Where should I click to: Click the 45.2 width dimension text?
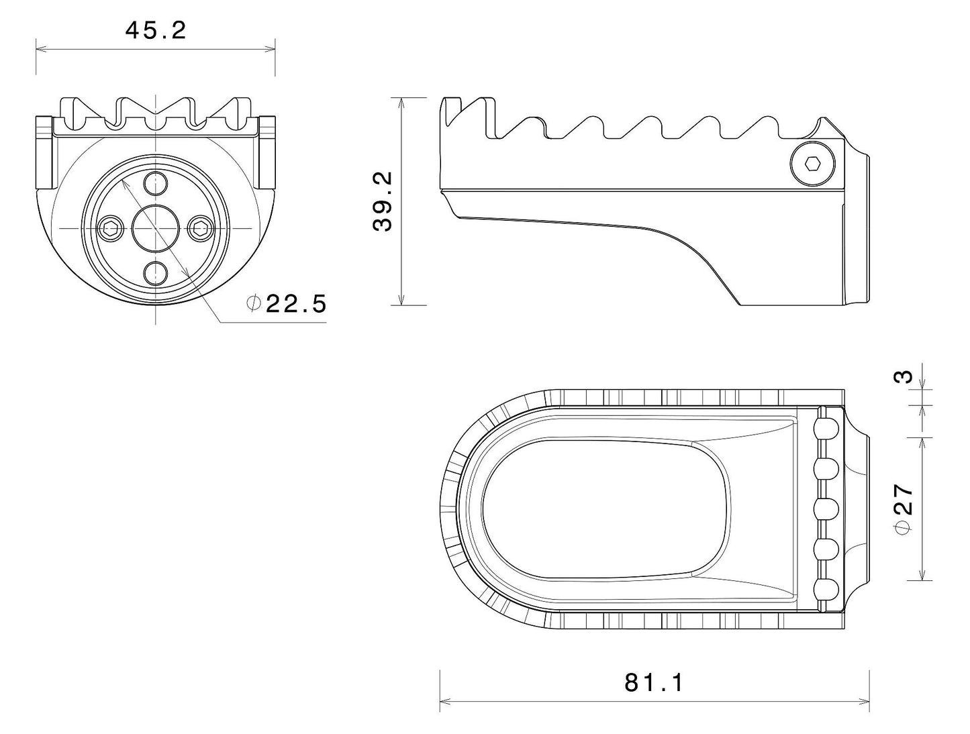[155, 30]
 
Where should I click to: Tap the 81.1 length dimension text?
[654, 682]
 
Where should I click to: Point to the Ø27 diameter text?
[905, 508]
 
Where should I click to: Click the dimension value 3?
[906, 376]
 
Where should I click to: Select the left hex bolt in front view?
[109, 229]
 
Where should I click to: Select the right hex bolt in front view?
[200, 229]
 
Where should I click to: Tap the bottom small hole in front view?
[156, 272]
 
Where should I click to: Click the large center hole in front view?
[155, 228]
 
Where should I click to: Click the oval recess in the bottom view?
[604, 509]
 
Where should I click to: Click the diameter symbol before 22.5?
[253, 303]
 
